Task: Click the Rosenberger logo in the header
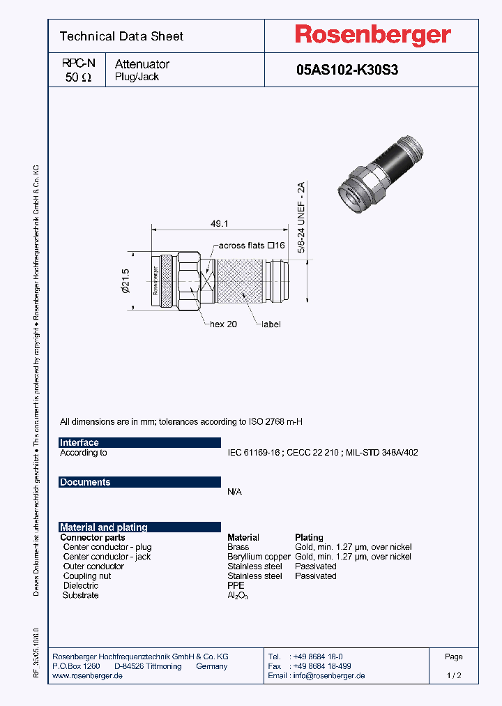click(372, 35)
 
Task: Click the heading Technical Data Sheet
click(121, 36)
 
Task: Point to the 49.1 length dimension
click(221, 223)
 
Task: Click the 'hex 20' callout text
click(223, 324)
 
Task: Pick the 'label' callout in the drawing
click(271, 324)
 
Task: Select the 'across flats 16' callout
click(252, 246)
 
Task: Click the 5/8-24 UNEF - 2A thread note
click(301, 217)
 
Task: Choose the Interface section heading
click(79, 442)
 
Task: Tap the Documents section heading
click(85, 482)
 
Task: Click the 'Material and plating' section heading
click(103, 527)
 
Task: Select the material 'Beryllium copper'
click(259, 557)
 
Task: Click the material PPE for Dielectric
click(236, 586)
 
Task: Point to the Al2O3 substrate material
click(237, 596)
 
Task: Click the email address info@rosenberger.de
click(326, 675)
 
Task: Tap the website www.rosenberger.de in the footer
click(88, 675)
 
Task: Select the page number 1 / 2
click(453, 675)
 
